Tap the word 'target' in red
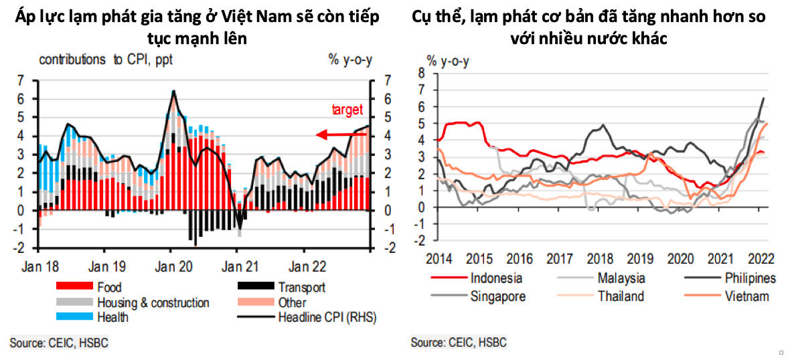pyautogui.click(x=347, y=110)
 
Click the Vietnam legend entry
pyautogui.click(x=747, y=296)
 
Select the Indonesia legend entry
pyautogui.click(x=496, y=278)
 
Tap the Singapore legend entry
pyautogui.click(x=498, y=296)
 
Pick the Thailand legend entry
pyautogui.click(x=621, y=296)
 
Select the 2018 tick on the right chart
pyautogui.click(x=601, y=258)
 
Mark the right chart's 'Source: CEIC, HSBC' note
pyautogui.click(x=459, y=343)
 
